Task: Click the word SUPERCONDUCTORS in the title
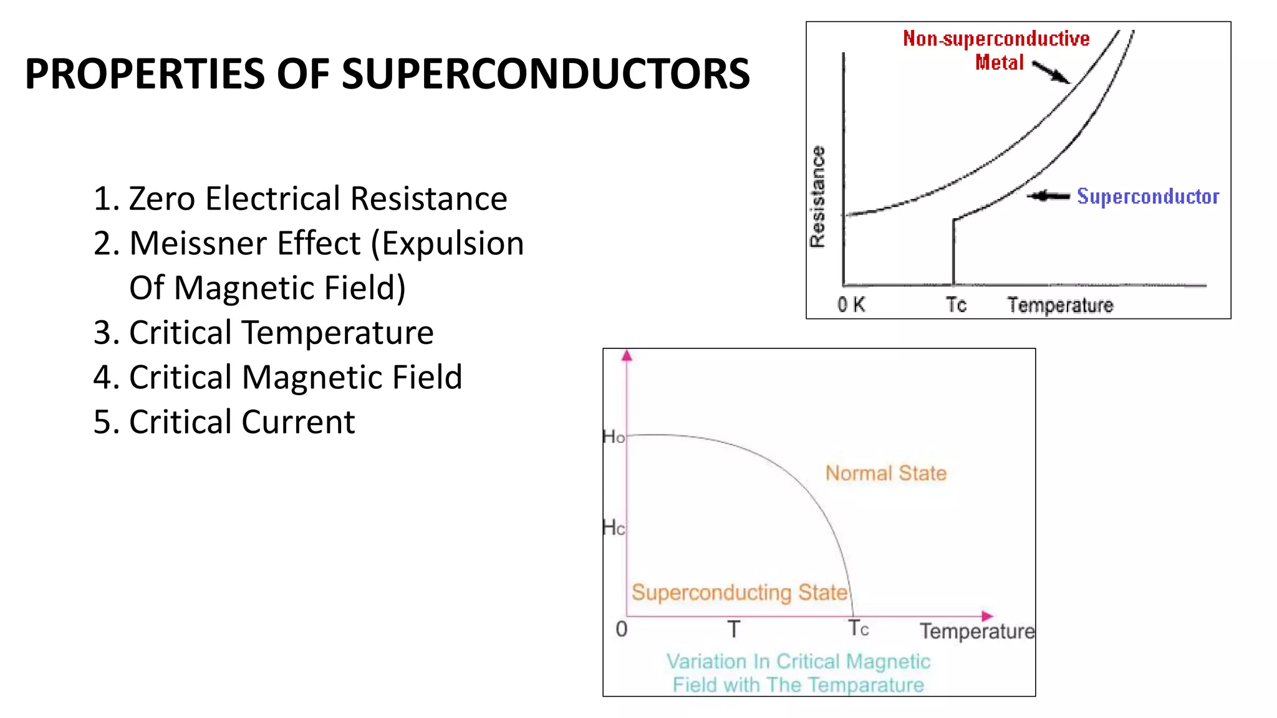click(546, 74)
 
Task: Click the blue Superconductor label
click(1148, 196)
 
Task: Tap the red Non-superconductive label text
click(996, 39)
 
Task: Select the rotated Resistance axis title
click(817, 197)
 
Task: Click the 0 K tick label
click(851, 305)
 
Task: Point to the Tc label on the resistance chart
click(956, 305)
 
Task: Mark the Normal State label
click(886, 473)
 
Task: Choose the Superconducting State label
click(740, 592)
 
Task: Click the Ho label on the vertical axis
click(614, 437)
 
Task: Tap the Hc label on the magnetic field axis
click(614, 528)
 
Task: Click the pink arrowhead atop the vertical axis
click(627, 355)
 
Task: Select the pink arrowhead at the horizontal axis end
click(986, 616)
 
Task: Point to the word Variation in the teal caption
click(706, 661)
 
